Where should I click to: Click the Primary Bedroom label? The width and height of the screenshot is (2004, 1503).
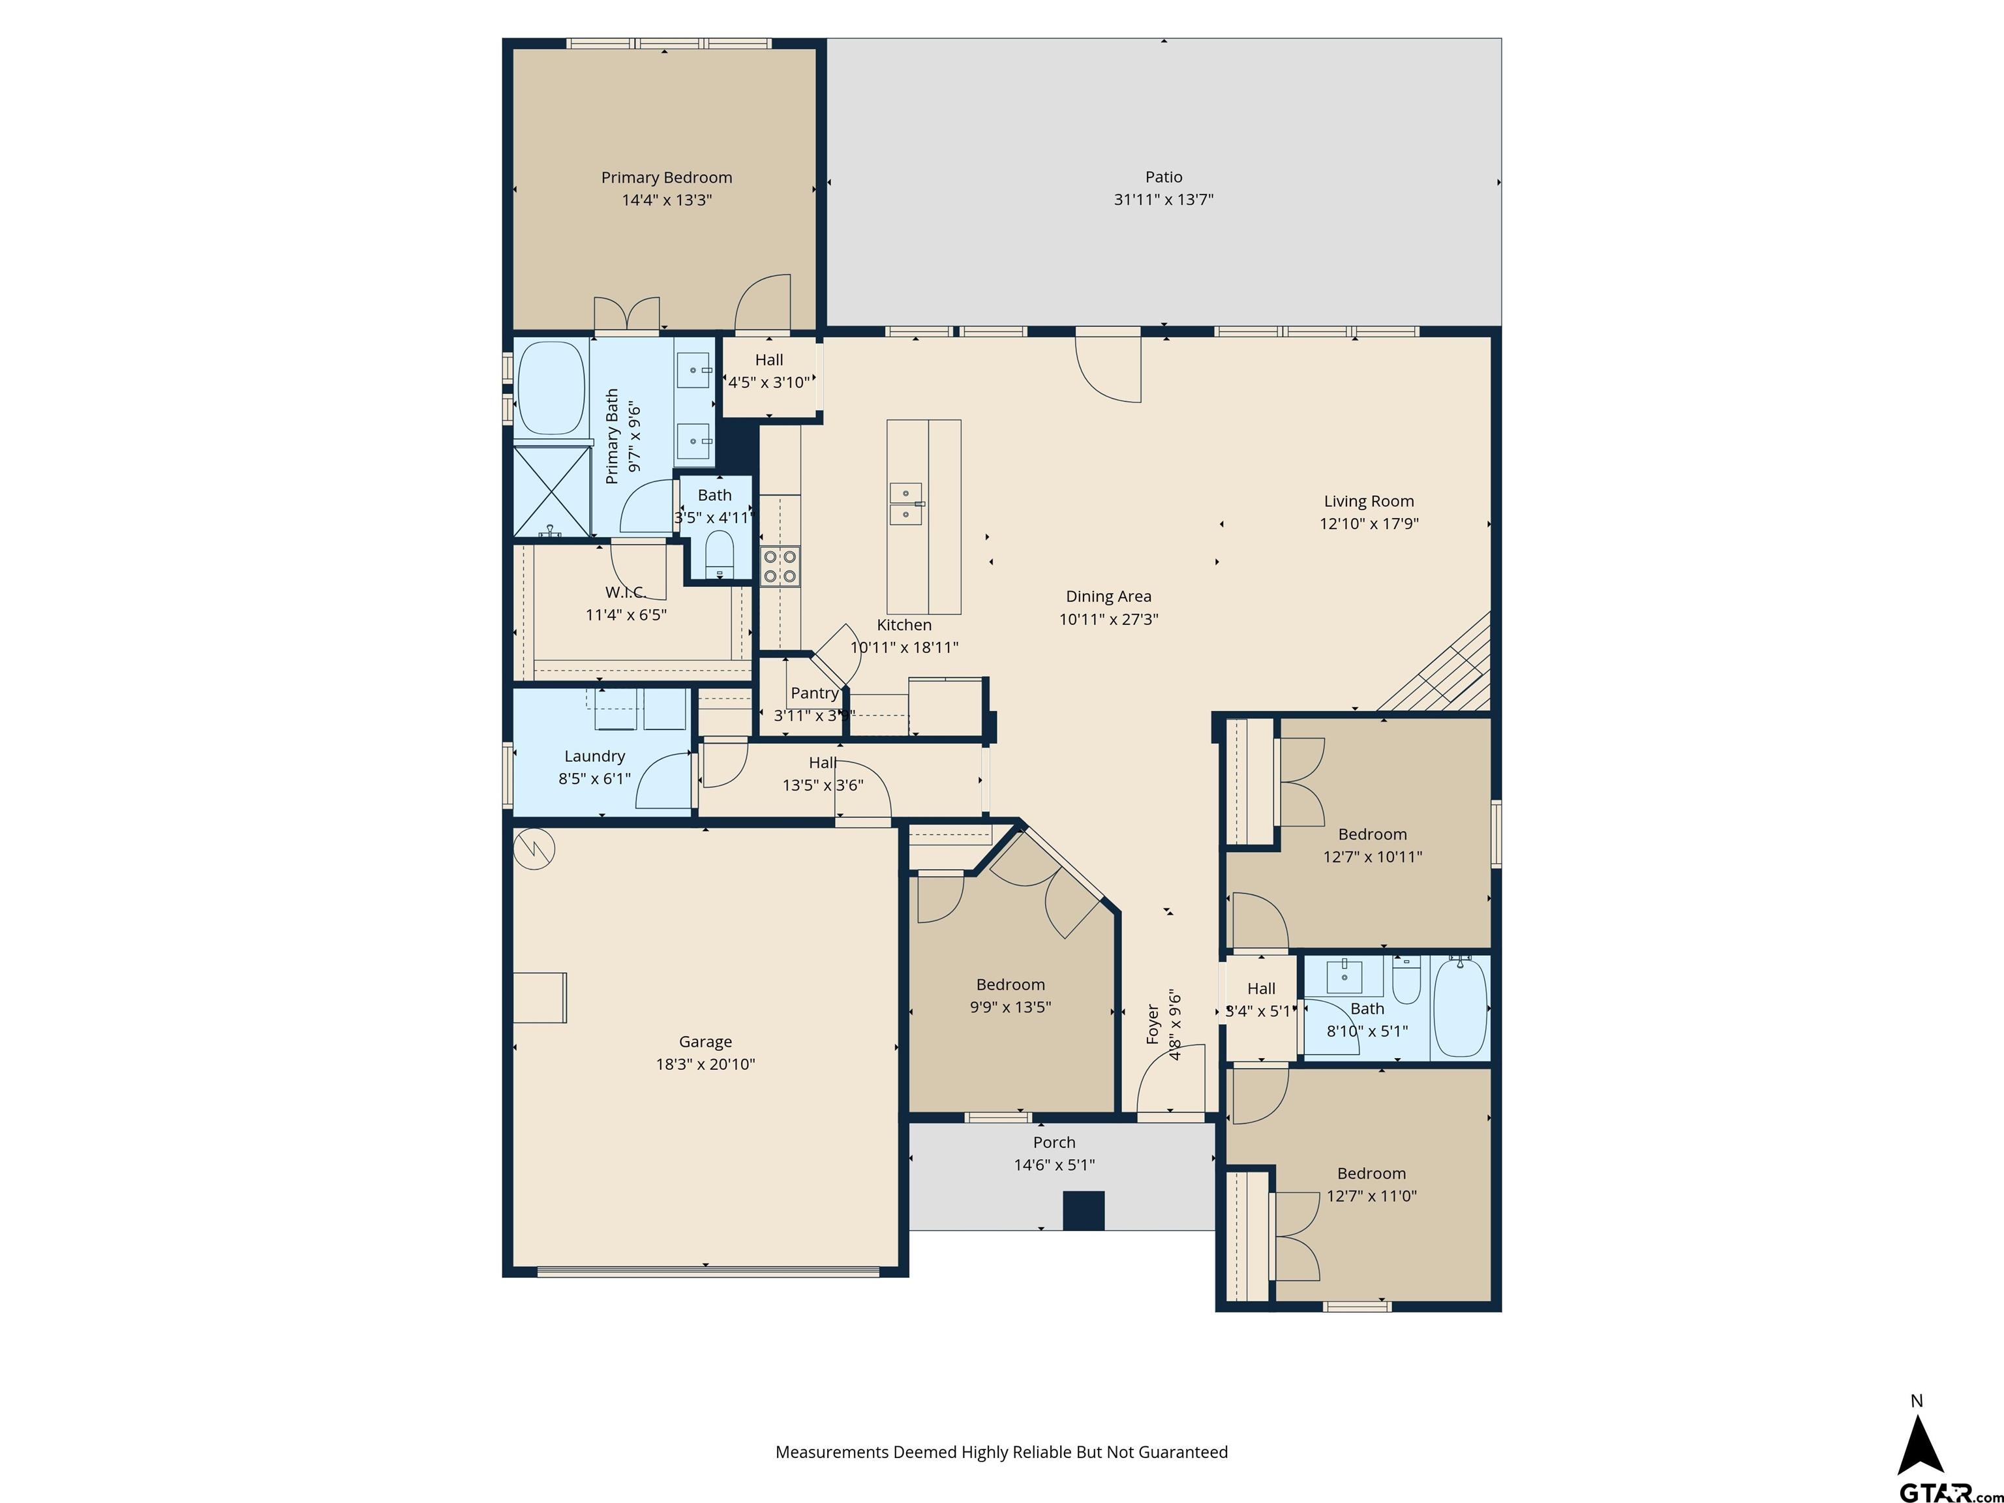[667, 177]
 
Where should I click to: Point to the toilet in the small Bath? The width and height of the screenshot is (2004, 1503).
[720, 552]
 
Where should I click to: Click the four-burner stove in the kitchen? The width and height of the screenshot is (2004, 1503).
[779, 566]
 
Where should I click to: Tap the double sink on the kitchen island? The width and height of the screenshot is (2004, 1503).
[906, 504]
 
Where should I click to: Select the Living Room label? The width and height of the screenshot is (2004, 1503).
[1368, 501]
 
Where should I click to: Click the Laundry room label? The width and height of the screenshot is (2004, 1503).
[594, 757]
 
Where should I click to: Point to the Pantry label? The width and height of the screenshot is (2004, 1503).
[815, 693]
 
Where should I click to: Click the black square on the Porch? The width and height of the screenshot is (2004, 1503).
[1084, 1210]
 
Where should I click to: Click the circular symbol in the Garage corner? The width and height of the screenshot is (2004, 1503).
[534, 848]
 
